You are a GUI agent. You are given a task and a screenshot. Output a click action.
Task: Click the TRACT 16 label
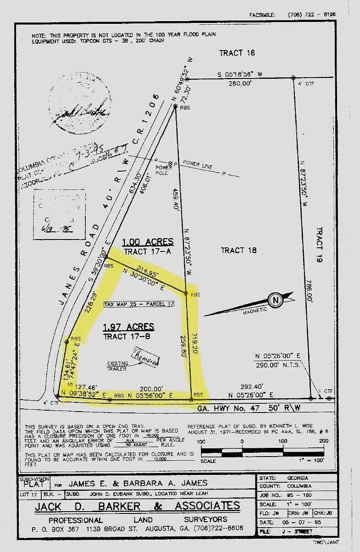(x=237, y=53)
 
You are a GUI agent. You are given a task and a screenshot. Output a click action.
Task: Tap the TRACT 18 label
(x=238, y=250)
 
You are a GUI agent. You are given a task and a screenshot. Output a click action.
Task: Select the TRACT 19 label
(x=320, y=245)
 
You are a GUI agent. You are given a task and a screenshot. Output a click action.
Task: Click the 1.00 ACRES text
(x=147, y=242)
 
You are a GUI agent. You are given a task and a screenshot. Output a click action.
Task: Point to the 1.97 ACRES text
(x=128, y=327)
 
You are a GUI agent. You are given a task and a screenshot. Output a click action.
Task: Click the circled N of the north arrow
(x=275, y=301)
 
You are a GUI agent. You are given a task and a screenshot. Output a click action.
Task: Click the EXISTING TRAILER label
(x=118, y=366)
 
